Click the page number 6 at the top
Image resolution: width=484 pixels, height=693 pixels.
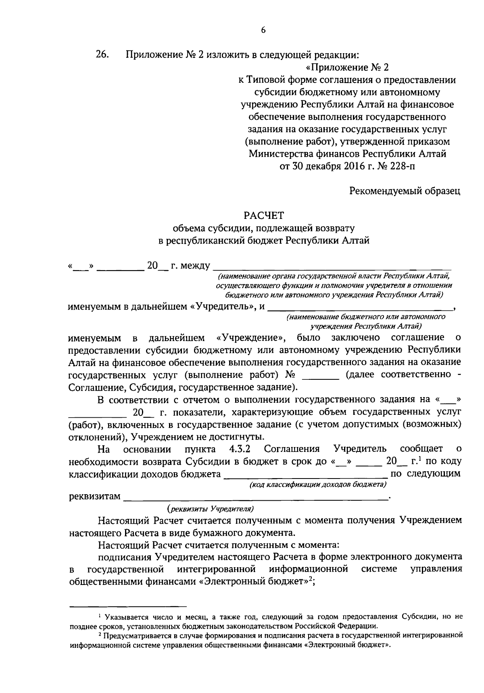coord(263,30)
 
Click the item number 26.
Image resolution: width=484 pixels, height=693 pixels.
coord(102,54)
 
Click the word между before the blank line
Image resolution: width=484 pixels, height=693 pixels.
coord(196,266)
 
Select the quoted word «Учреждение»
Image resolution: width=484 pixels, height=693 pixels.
coord(251,337)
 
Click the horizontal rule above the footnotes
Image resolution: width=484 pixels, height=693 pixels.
coord(128,606)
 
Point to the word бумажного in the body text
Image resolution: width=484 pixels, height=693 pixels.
coord(215,533)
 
